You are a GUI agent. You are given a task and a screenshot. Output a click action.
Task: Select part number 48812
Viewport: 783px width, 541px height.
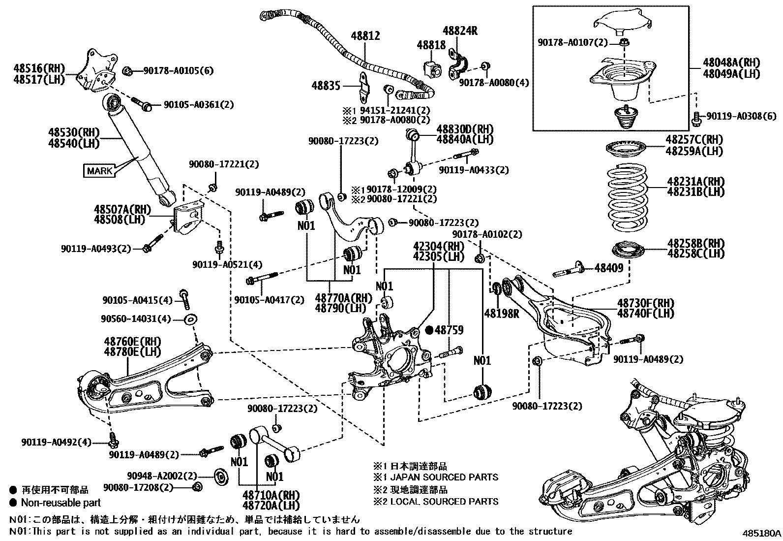point(365,36)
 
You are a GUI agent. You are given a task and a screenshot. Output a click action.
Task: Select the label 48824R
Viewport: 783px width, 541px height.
point(460,31)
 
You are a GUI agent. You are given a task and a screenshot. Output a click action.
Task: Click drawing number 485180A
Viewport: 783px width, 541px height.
point(761,533)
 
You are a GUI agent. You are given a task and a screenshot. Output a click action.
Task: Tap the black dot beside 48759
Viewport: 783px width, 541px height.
point(428,330)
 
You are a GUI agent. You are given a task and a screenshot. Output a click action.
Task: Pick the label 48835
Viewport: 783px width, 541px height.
point(326,86)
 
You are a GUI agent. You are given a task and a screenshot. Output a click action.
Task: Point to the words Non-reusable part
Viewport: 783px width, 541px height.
point(60,503)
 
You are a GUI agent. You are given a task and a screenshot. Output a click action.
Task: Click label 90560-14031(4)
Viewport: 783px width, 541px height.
point(136,319)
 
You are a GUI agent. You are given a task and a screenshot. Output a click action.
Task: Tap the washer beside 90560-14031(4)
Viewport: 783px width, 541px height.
point(190,319)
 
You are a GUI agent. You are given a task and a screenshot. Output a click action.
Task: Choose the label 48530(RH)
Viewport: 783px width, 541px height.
point(74,132)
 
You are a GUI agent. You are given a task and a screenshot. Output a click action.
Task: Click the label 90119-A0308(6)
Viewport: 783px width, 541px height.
point(742,116)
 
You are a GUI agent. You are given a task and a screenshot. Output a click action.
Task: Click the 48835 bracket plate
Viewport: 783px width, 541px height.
point(363,87)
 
